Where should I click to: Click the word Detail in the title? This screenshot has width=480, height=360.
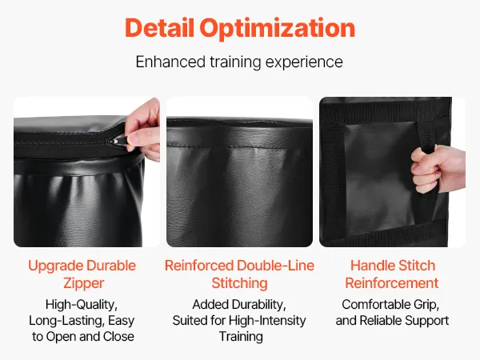pyautogui.click(x=159, y=28)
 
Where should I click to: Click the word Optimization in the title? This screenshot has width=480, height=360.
pyautogui.click(x=278, y=29)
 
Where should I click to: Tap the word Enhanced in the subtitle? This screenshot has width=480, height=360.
pyautogui.click(x=170, y=62)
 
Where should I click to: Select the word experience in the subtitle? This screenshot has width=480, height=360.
pyautogui.click(x=304, y=62)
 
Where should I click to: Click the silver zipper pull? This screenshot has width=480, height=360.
pyautogui.click(x=113, y=142)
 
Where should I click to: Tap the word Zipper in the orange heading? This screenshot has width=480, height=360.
pyautogui.click(x=84, y=283)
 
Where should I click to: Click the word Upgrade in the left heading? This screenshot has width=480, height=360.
pyautogui.click(x=55, y=266)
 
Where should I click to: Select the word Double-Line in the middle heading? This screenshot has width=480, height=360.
pyautogui.click(x=275, y=266)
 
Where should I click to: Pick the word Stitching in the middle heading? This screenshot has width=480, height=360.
pyautogui.click(x=240, y=283)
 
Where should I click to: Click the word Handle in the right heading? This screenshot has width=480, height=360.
pyautogui.click(x=370, y=266)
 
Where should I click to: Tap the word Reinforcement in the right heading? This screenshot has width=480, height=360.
pyautogui.click(x=392, y=283)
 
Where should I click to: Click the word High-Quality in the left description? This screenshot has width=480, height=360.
pyautogui.click(x=82, y=306)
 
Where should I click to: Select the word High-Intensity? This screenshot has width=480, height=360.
pyautogui.click(x=267, y=321)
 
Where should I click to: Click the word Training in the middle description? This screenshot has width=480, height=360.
pyautogui.click(x=241, y=337)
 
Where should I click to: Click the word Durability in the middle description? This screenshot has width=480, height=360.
pyautogui.click(x=258, y=306)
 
